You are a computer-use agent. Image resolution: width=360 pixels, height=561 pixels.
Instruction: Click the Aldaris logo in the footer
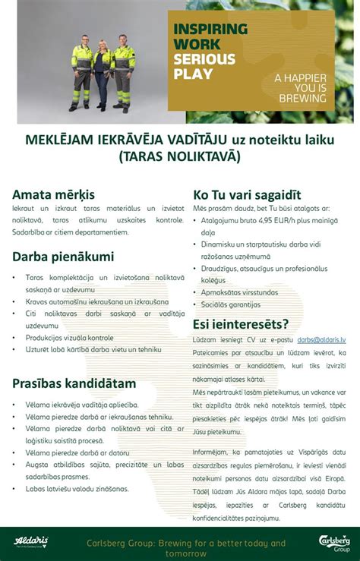click(31, 541)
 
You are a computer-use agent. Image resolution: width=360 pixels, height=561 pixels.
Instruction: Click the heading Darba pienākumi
click(63, 257)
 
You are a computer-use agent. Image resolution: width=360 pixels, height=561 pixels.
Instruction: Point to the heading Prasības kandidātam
click(74, 383)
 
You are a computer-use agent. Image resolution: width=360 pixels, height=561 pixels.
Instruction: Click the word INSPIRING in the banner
click(211, 30)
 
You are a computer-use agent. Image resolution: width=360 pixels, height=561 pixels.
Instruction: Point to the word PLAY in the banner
click(194, 74)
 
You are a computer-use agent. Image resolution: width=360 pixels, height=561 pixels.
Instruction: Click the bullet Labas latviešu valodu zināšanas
click(77, 489)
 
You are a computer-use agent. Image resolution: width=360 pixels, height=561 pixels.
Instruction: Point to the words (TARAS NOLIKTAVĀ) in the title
click(179, 156)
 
